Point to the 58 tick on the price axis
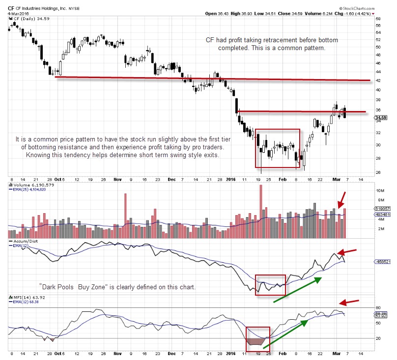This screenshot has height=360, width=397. [x=378, y=25]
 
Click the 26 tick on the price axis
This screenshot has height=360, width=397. [x=378, y=172]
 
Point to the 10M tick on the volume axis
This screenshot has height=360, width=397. [x=379, y=190]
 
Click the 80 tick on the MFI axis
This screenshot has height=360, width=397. [x=378, y=308]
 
